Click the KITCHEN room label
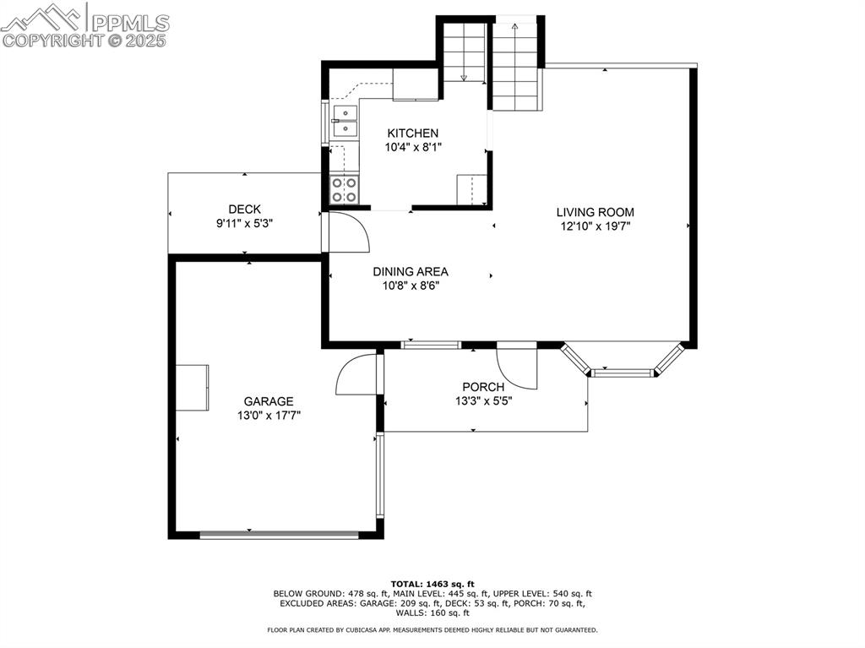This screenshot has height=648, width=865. click(x=412, y=133)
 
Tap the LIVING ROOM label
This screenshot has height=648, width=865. click(x=595, y=212)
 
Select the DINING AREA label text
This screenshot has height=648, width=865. click(x=411, y=271)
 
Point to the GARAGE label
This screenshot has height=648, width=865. click(x=269, y=401)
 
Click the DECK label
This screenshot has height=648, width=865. click(x=244, y=210)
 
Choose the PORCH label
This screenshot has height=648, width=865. click(x=483, y=387)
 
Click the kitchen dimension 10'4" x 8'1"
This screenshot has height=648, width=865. click(x=412, y=147)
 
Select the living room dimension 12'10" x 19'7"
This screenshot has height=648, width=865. click(x=595, y=226)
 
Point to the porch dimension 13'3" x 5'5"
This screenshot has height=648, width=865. click(x=483, y=401)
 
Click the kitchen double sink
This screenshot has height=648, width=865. click(x=345, y=121)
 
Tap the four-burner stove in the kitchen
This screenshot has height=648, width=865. click(x=344, y=190)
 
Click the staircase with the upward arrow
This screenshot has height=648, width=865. click(x=515, y=66)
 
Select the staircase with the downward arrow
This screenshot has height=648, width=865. click(x=463, y=52)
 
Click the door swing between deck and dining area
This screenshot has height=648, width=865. click(x=347, y=232)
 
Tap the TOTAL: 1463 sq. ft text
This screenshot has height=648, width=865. click(x=432, y=584)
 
